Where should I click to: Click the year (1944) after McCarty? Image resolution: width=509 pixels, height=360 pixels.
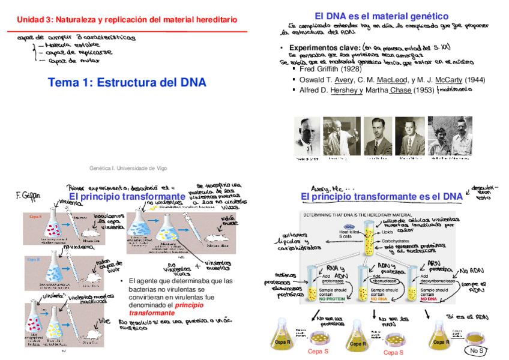tap(475, 79)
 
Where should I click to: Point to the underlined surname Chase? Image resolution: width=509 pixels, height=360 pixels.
tap(401, 90)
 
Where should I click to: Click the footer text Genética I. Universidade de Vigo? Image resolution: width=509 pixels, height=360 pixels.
tap(128, 169)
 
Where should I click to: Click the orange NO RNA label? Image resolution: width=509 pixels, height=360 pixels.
tap(377, 298)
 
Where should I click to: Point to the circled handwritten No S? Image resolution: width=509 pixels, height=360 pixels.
tap(477, 350)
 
